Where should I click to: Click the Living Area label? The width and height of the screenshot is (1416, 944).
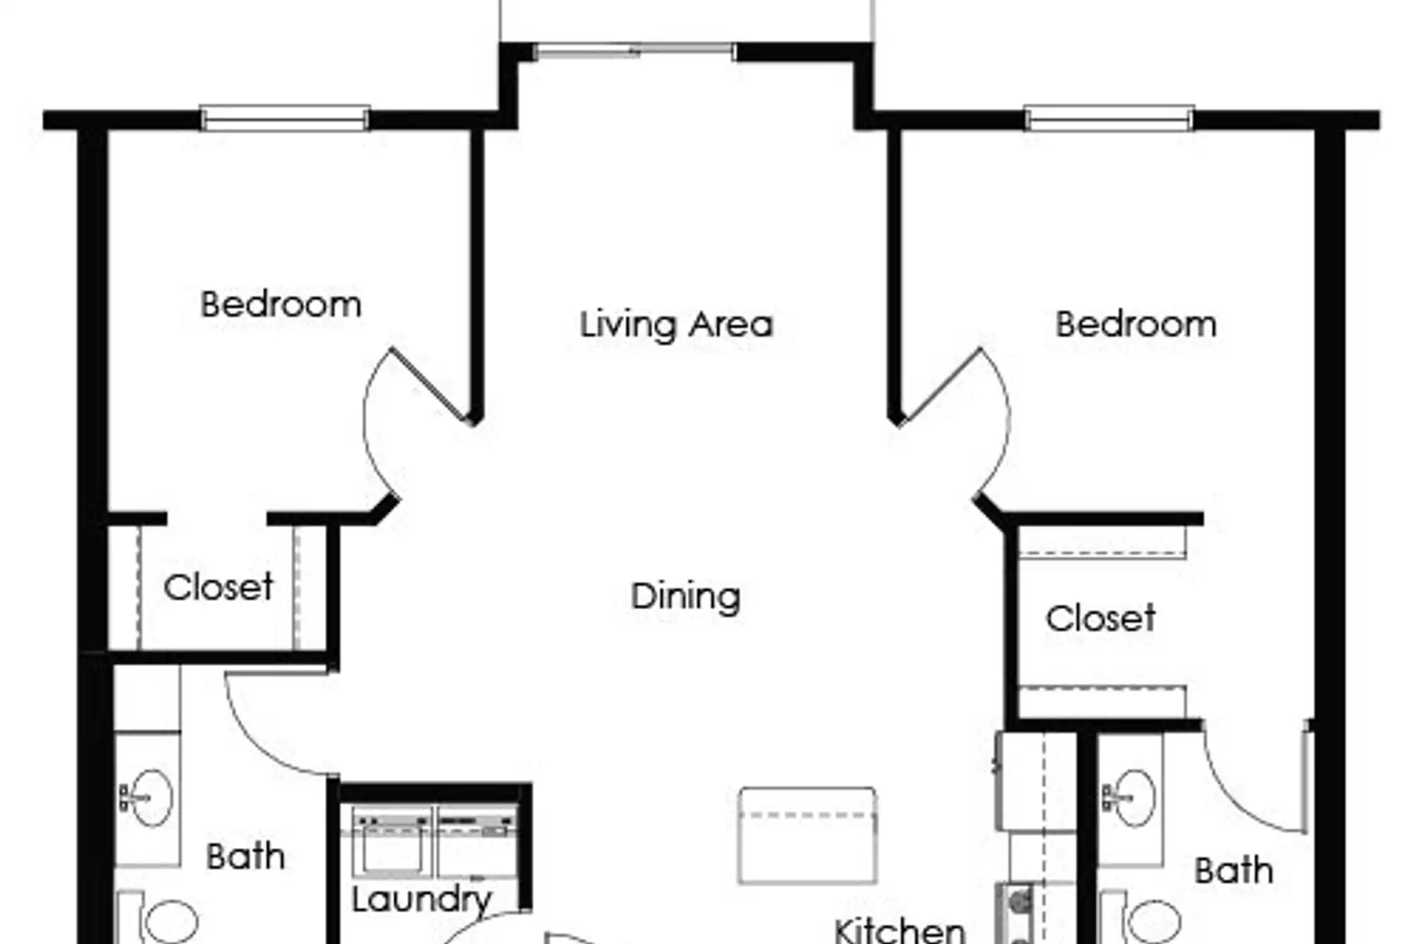[x=676, y=326]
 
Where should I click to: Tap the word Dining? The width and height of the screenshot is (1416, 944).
[x=685, y=597]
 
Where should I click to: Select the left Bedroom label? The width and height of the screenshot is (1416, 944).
[x=281, y=305]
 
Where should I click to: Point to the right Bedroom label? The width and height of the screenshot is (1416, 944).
[x=1136, y=324]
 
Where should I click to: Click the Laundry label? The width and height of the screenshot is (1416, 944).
[x=422, y=900]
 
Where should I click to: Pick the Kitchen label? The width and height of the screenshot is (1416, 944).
[x=900, y=930]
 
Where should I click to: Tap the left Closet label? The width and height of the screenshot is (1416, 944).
[x=218, y=587]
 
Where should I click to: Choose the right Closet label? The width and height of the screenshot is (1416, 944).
[x=1101, y=618]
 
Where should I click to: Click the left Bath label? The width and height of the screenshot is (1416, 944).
[x=246, y=857]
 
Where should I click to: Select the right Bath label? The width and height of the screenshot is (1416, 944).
[x=1234, y=871]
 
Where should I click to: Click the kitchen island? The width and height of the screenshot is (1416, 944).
[x=807, y=836]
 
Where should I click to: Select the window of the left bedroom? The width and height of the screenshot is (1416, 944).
[x=285, y=119]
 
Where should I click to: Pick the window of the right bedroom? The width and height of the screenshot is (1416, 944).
[x=1109, y=119]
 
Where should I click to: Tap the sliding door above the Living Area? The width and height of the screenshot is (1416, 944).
[x=634, y=50]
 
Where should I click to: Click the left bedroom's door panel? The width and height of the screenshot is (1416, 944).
[x=431, y=385]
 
